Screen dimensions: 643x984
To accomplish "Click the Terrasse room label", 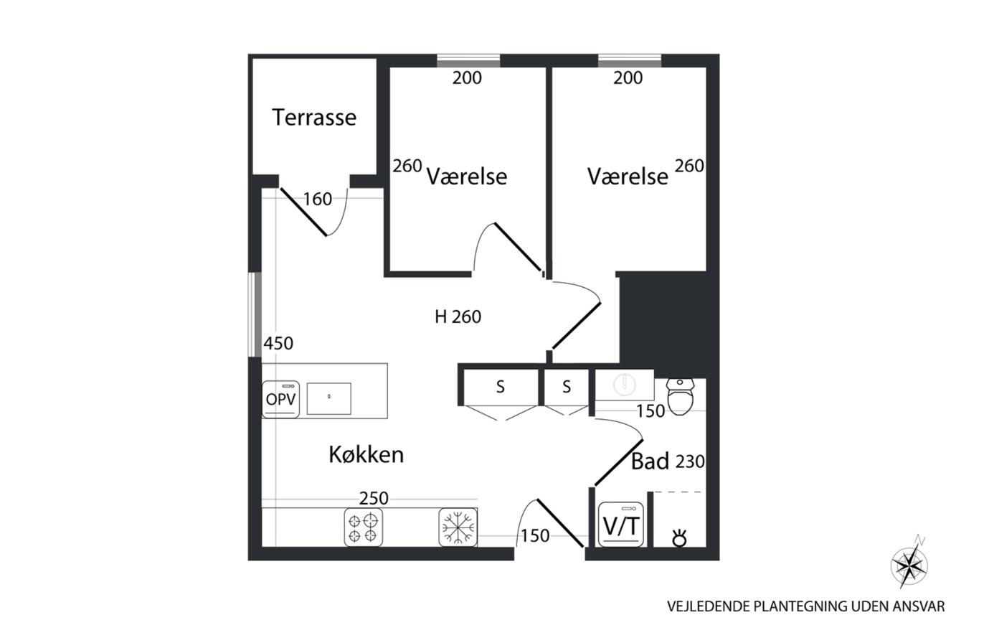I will pos(313,117).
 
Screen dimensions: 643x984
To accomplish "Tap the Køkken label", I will pos(366,454).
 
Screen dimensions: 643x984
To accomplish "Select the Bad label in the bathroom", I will pos(650,461).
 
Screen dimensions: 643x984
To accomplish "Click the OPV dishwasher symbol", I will pos(280,399).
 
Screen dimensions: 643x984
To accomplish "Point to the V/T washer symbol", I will pos(620,525).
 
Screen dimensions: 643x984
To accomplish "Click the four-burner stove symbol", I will pos(363,527).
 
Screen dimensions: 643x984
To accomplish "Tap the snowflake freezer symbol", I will pos(458,527).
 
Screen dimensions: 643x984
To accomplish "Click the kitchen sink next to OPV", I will pos(328,398).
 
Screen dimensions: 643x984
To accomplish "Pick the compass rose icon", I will pos(909,565).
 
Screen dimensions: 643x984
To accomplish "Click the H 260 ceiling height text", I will pos(458,316).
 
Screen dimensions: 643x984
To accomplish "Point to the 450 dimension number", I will pos(278,344).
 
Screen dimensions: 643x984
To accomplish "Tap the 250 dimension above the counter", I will pos(374,498).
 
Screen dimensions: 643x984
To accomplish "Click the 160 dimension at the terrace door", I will pos(317,199).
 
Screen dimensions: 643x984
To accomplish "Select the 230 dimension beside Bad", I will pos(690,461).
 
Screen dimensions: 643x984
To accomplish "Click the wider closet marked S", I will pos(500,388).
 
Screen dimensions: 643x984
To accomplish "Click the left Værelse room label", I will pos(466,177).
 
